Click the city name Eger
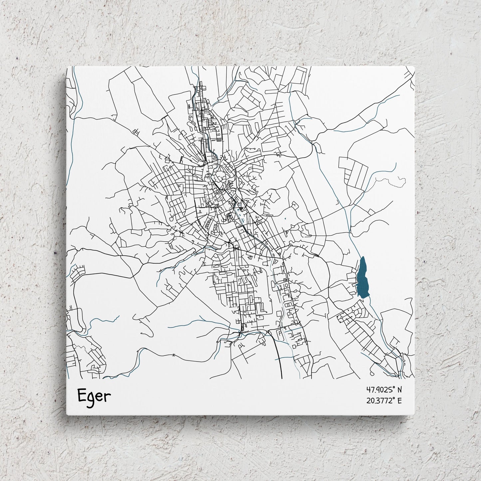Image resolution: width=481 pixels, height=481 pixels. (94, 396)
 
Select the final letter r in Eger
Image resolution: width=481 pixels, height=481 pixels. (107, 396)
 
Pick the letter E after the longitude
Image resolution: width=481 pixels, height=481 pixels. (399, 400)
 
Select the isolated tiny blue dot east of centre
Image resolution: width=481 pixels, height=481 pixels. (285, 219)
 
